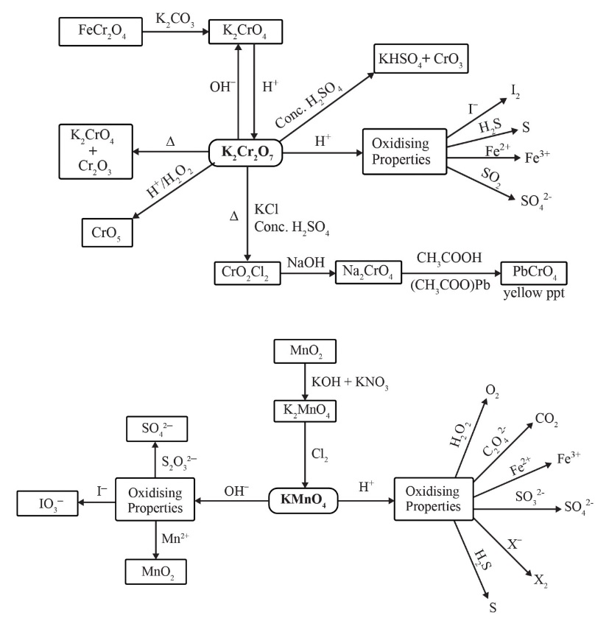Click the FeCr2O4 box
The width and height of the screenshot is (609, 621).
[x=96, y=31]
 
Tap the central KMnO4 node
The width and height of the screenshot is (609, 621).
[x=303, y=499]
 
